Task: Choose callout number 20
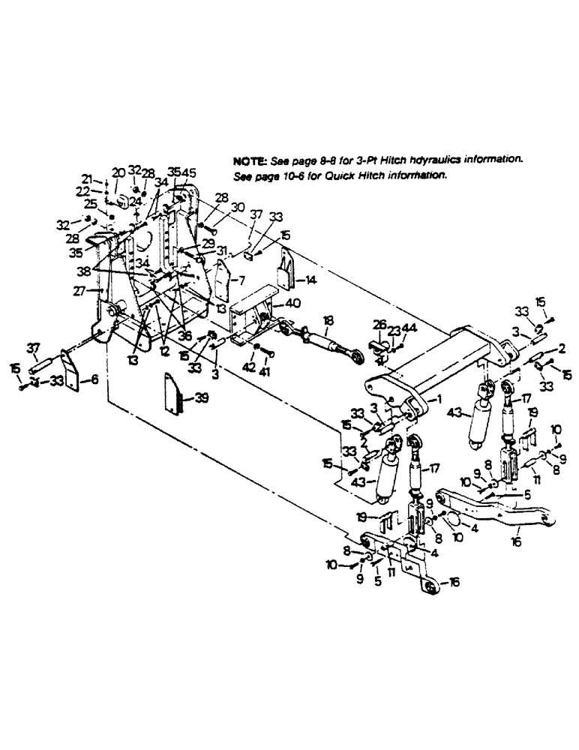[x=119, y=172]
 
